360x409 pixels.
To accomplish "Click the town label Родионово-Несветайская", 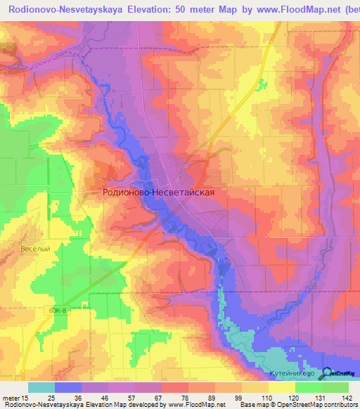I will [x=158, y=190].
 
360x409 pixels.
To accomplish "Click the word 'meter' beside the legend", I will [x=10, y=397].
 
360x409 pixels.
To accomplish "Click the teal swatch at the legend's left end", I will [x=41, y=387].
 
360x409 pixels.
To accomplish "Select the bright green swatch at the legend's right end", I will [x=335, y=387].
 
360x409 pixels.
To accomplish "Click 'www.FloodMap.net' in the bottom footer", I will [x=194, y=405].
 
